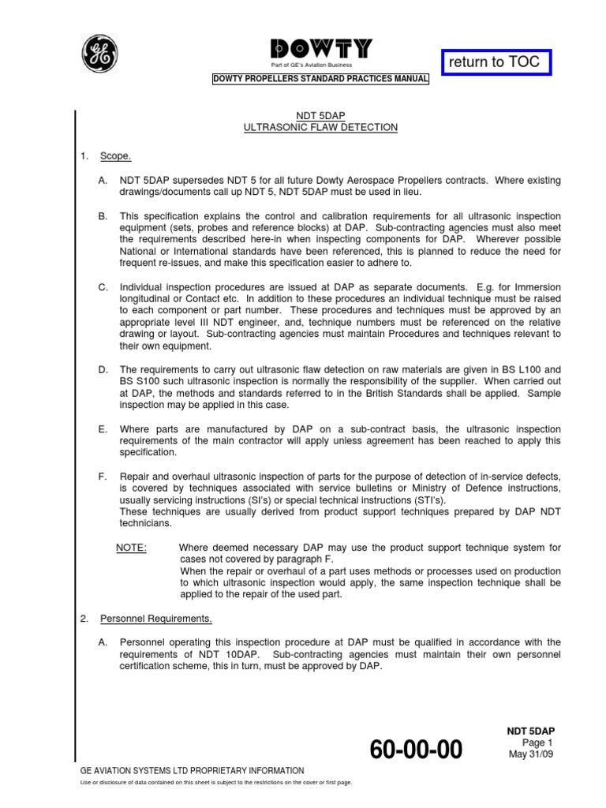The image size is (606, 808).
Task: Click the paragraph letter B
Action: pos(103,216)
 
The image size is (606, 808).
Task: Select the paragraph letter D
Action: pos(103,369)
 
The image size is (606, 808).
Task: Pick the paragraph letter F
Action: pos(103,477)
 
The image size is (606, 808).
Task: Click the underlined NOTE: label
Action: pos(131,548)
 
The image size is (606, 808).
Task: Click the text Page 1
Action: pos(539,743)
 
